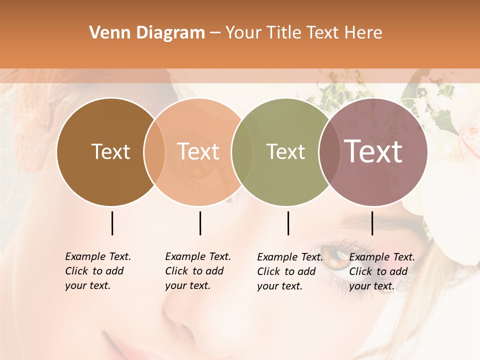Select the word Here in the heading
pyautogui.click(x=364, y=33)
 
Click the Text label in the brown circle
pyautogui.click(x=110, y=151)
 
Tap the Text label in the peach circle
pyautogui.click(x=198, y=151)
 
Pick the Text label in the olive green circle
pyautogui.click(x=285, y=151)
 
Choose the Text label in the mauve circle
pyautogui.click(x=373, y=151)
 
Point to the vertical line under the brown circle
pyautogui.click(x=112, y=223)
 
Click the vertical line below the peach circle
pyautogui.click(x=200, y=223)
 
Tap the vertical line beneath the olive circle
pyautogui.click(x=288, y=223)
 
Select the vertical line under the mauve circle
pyautogui.click(x=372, y=223)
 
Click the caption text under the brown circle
pyautogui.click(x=98, y=271)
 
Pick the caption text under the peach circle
pyautogui.click(x=198, y=271)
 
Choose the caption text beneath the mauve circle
pyautogui.click(x=382, y=271)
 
